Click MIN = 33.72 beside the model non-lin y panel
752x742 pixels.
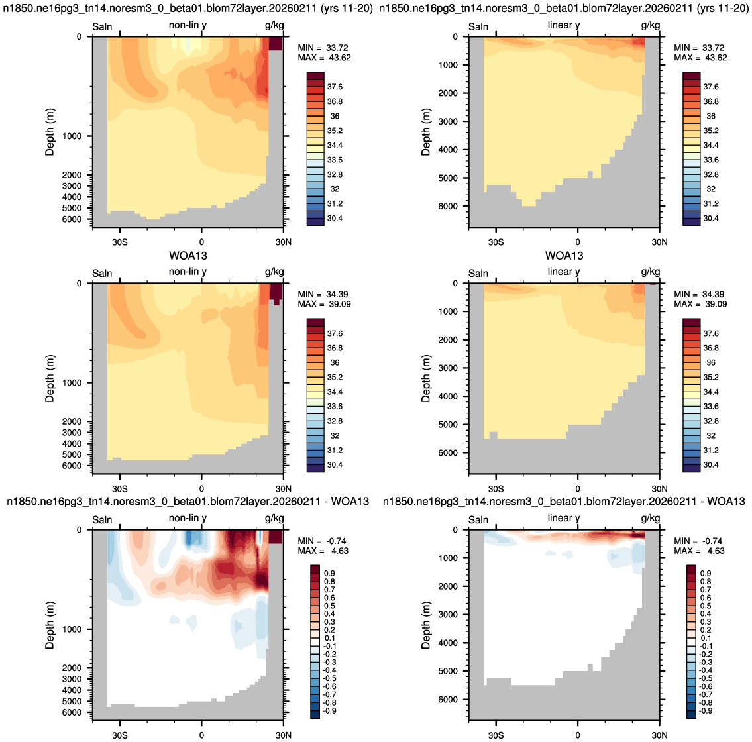coord(323,48)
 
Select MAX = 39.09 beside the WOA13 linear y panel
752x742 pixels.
coord(700,304)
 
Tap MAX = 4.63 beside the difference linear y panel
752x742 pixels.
coord(699,551)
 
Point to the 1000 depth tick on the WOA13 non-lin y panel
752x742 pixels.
coord(72,383)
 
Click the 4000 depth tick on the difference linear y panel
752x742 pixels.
coord(448,643)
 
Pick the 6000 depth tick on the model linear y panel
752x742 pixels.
coord(448,206)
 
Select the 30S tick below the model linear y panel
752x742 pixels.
coord(496,242)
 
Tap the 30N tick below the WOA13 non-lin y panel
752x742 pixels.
coord(284,489)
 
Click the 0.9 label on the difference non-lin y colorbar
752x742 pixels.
coord(329,574)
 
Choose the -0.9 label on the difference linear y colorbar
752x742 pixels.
coord(704,711)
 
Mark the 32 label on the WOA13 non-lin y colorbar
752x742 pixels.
coord(335,435)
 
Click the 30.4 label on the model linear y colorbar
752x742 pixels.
coord(711,218)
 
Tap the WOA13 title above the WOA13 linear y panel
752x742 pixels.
coord(564,256)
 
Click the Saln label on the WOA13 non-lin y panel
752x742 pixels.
coord(102,274)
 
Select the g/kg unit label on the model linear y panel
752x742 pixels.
coord(651,25)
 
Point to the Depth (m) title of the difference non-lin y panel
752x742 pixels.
coord(50,625)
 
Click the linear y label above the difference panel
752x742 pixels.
coord(564,519)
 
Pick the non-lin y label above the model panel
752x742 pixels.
coord(188,25)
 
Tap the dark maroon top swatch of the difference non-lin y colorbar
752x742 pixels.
coord(315,569)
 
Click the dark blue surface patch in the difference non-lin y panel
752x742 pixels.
coord(188,537)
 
